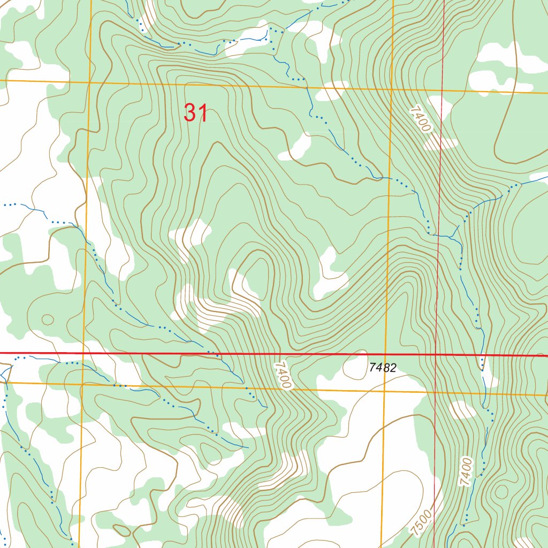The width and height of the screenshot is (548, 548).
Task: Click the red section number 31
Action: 195,113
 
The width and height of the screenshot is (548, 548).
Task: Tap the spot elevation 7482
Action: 383,368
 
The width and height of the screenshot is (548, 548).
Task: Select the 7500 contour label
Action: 422,523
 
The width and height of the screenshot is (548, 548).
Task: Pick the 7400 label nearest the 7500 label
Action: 467,471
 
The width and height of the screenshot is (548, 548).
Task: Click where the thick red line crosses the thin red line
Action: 437,354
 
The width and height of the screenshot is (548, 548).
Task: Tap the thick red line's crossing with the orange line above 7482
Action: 387,354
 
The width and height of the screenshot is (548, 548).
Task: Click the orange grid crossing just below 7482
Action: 386,391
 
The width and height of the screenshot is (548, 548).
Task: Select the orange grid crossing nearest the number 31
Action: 89,82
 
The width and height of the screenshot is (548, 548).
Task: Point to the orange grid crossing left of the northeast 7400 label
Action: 392,88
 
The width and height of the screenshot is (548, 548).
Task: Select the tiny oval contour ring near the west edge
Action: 47,319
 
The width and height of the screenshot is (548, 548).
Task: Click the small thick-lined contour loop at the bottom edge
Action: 121,530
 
